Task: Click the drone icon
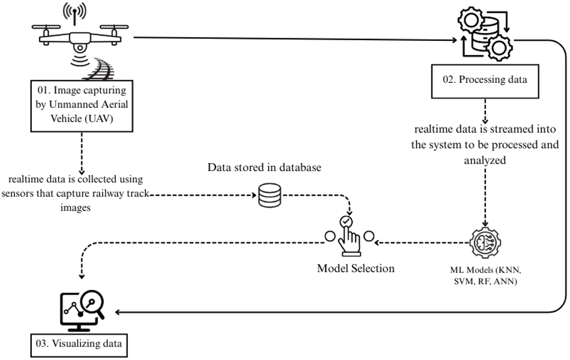[x=80, y=38]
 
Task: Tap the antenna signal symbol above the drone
[x=74, y=13]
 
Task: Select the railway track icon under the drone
[x=98, y=68]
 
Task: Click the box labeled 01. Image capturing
[x=82, y=106]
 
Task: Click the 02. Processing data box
[x=485, y=82]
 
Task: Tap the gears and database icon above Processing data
[x=485, y=34]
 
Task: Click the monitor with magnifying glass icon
[x=82, y=310]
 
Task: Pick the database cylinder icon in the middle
[x=269, y=195]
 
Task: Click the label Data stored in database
[x=264, y=167]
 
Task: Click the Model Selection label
[x=356, y=268]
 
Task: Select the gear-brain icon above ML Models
[x=485, y=242]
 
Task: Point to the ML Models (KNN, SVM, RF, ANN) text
[x=485, y=275]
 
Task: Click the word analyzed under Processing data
[x=485, y=160]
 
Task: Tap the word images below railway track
[x=75, y=208]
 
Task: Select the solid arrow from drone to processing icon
[x=295, y=38]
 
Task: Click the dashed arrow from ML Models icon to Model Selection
[x=422, y=242]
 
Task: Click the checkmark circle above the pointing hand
[x=346, y=221]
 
